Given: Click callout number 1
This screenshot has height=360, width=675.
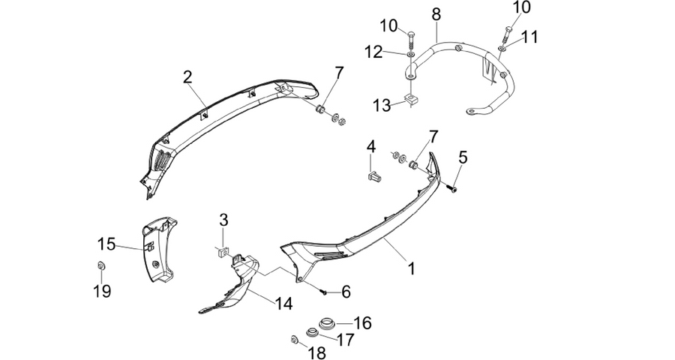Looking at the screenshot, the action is (x=412, y=268).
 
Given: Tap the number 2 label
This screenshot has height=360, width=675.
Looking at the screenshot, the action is (x=187, y=77).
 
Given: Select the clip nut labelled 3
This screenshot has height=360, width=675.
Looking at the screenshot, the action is (x=223, y=251).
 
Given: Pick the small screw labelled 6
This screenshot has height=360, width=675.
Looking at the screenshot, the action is (x=323, y=292).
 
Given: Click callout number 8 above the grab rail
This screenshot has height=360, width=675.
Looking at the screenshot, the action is (x=436, y=14).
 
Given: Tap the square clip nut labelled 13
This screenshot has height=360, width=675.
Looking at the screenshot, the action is (x=411, y=101).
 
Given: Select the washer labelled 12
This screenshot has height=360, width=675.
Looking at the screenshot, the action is (x=410, y=54).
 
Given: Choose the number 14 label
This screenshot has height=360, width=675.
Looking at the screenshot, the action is (x=283, y=303).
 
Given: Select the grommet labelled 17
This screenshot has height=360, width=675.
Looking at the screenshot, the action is (x=310, y=333).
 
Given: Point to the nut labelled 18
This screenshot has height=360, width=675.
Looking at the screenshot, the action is (x=295, y=340).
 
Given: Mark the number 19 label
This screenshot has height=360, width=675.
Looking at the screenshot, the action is (x=103, y=292).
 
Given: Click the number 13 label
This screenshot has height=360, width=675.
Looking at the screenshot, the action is (x=382, y=105).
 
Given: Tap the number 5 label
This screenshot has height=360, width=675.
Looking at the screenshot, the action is (x=462, y=157).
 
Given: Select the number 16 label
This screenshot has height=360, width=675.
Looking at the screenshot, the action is (x=362, y=322).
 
